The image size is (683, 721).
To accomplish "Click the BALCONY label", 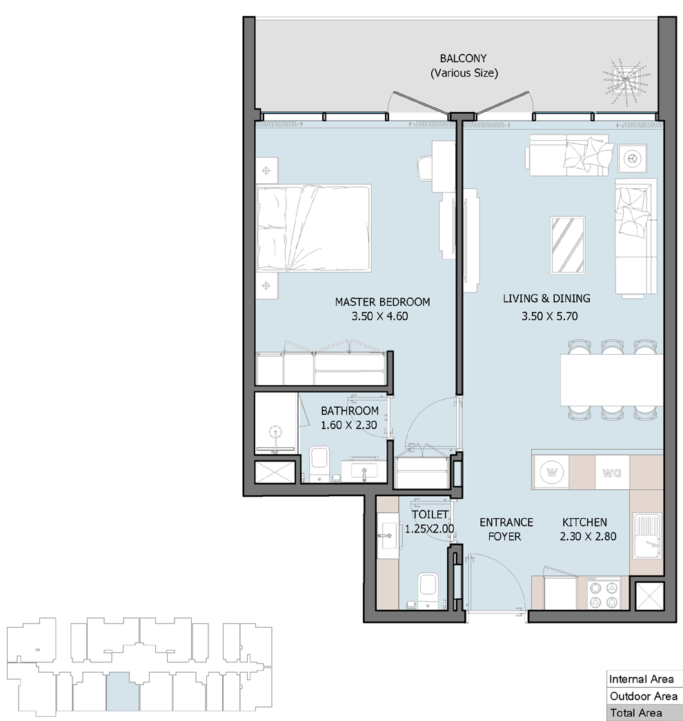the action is point(463,59).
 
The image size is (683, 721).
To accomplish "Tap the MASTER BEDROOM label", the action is point(382,302).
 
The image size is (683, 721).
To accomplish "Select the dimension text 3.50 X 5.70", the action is point(550,316).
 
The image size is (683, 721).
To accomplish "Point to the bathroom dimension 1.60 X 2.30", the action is point(348,425).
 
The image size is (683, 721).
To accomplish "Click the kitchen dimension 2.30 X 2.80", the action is point(588,536).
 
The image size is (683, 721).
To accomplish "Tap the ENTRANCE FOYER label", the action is point(506,529).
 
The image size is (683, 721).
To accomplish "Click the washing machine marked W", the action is point(551,472).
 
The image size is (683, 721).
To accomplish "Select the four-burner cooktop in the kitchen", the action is point(604,595).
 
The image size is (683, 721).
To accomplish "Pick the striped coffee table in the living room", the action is point(568,246).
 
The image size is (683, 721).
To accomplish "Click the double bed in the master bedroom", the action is point(314,228).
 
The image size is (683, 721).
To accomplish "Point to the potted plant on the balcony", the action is point(626,81).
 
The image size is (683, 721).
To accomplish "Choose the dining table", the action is point(611,379).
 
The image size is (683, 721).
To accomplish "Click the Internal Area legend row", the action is point(642,679).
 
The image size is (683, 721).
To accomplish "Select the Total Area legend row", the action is point(642,713).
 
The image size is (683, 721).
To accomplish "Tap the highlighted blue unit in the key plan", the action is point(122,691).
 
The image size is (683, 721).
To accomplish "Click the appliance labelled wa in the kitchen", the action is point(612,472).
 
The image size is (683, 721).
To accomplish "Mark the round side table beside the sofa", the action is point(633,159).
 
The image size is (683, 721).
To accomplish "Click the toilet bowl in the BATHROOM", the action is point(318,462).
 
